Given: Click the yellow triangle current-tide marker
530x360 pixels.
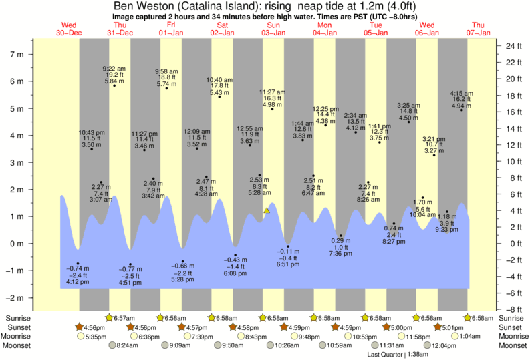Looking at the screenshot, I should coord(267,210).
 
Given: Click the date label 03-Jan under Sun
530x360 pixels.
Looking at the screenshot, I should coord(274,32).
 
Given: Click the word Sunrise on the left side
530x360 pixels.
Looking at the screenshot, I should coord(17,318).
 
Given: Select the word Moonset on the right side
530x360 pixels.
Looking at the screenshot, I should coord(511,345).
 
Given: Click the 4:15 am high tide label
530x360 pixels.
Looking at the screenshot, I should coord(461,93).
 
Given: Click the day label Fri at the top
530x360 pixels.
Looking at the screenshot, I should coord(171,25).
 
